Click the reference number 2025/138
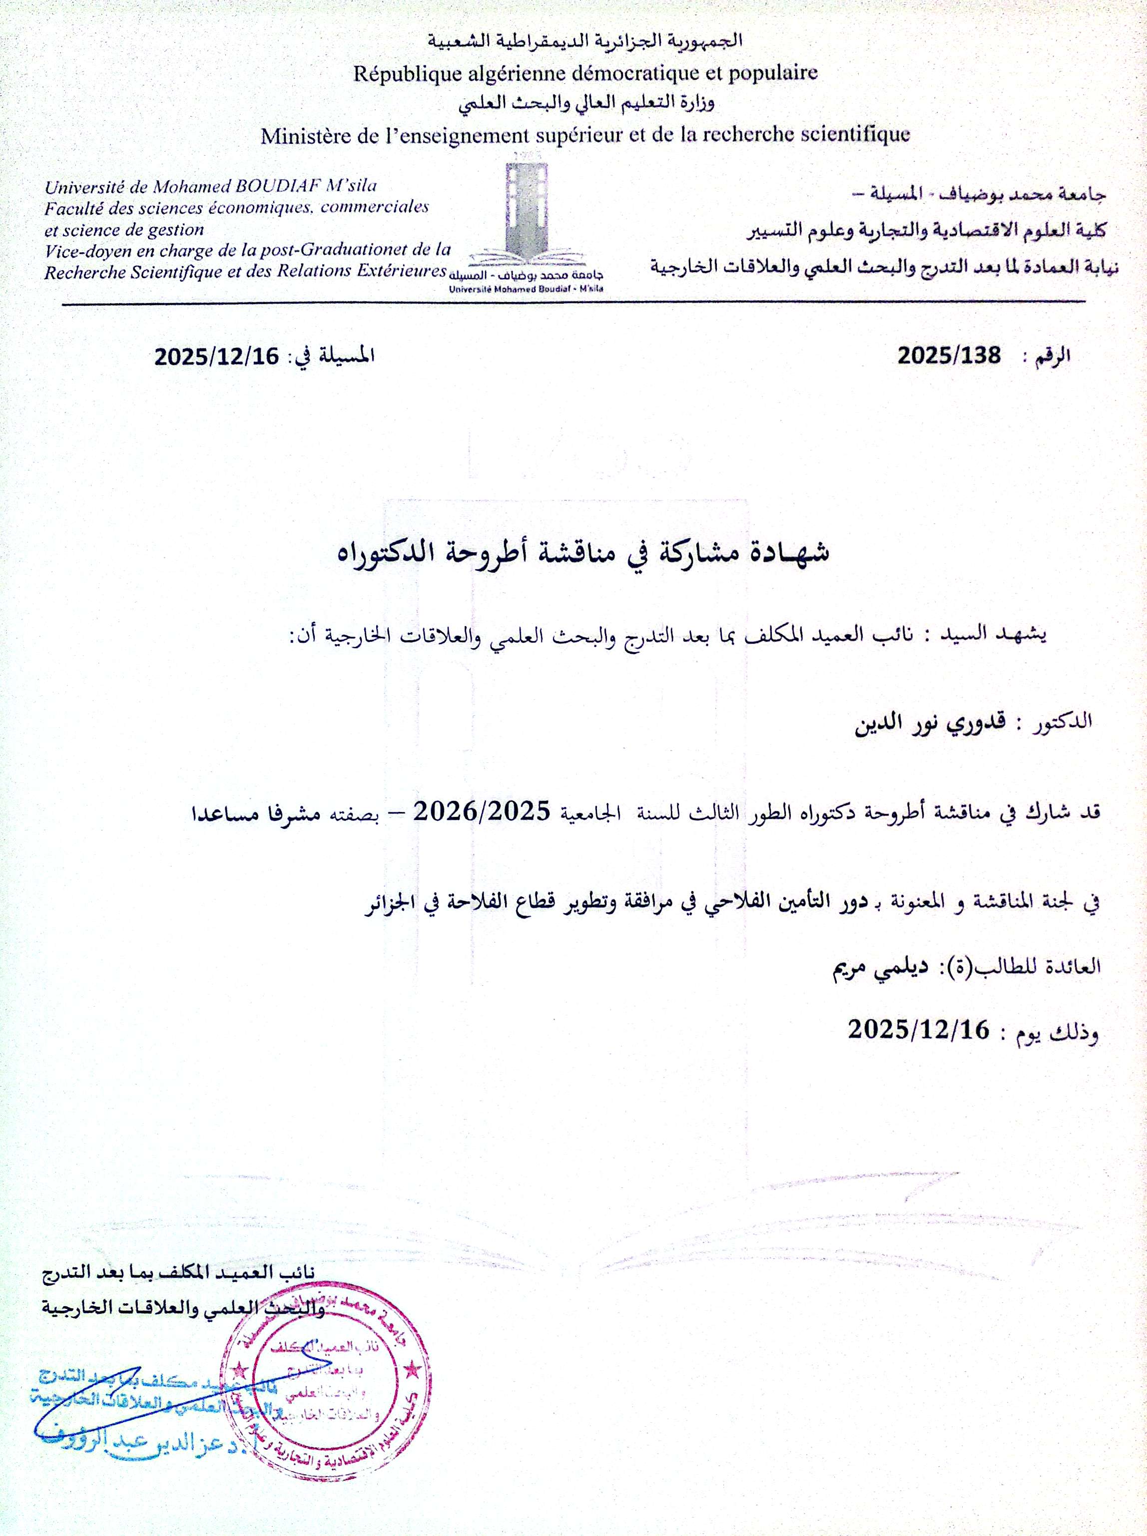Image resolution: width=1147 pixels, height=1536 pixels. point(949,356)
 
